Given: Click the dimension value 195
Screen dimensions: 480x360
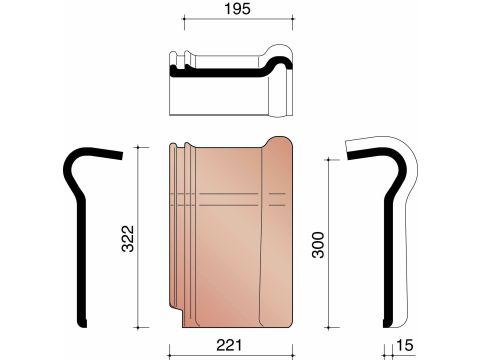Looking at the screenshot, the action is coord(237,9).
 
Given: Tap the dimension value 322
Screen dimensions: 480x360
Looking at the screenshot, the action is coord(128,239).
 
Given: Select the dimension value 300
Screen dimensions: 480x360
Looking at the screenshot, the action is coord(318,245).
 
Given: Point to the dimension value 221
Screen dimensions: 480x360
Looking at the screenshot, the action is coord(229,345).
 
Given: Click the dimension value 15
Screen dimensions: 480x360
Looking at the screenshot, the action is coord(405,345).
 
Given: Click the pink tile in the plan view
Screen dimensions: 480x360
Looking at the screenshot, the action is coord(231,232).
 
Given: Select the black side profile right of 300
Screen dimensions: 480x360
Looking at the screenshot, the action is coord(388,233).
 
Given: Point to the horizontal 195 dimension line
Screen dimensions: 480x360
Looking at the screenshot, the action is coord(238,19).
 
